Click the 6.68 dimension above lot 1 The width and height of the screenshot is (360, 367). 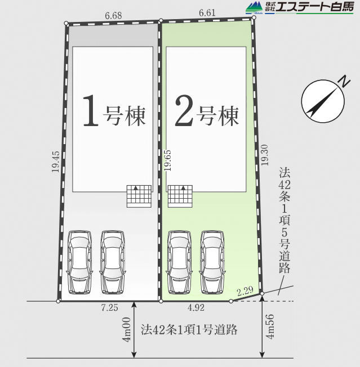[113, 15]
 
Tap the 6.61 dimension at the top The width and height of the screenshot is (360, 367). [207, 12]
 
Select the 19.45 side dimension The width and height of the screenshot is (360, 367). [56, 162]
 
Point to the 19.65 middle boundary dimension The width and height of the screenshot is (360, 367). [168, 160]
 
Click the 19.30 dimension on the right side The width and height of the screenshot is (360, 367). [265, 155]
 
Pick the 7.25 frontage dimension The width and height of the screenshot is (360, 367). [110, 307]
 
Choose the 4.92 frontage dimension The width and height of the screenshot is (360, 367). [196, 307]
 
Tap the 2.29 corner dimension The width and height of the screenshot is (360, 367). [245, 291]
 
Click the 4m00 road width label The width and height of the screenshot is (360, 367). [127, 329]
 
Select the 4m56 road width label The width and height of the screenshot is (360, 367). [270, 326]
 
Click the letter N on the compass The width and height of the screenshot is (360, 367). [344, 82]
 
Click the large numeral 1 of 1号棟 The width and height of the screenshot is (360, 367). [90, 110]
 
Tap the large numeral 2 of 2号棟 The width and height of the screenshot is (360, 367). [184, 110]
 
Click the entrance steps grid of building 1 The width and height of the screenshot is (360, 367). [139, 196]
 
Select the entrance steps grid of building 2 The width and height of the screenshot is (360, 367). [180, 196]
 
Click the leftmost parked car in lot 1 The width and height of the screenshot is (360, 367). [79, 262]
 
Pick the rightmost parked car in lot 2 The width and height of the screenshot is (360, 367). [212, 262]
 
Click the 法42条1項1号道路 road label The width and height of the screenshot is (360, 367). [189, 329]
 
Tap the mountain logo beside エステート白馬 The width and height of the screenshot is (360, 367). [254, 8]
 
